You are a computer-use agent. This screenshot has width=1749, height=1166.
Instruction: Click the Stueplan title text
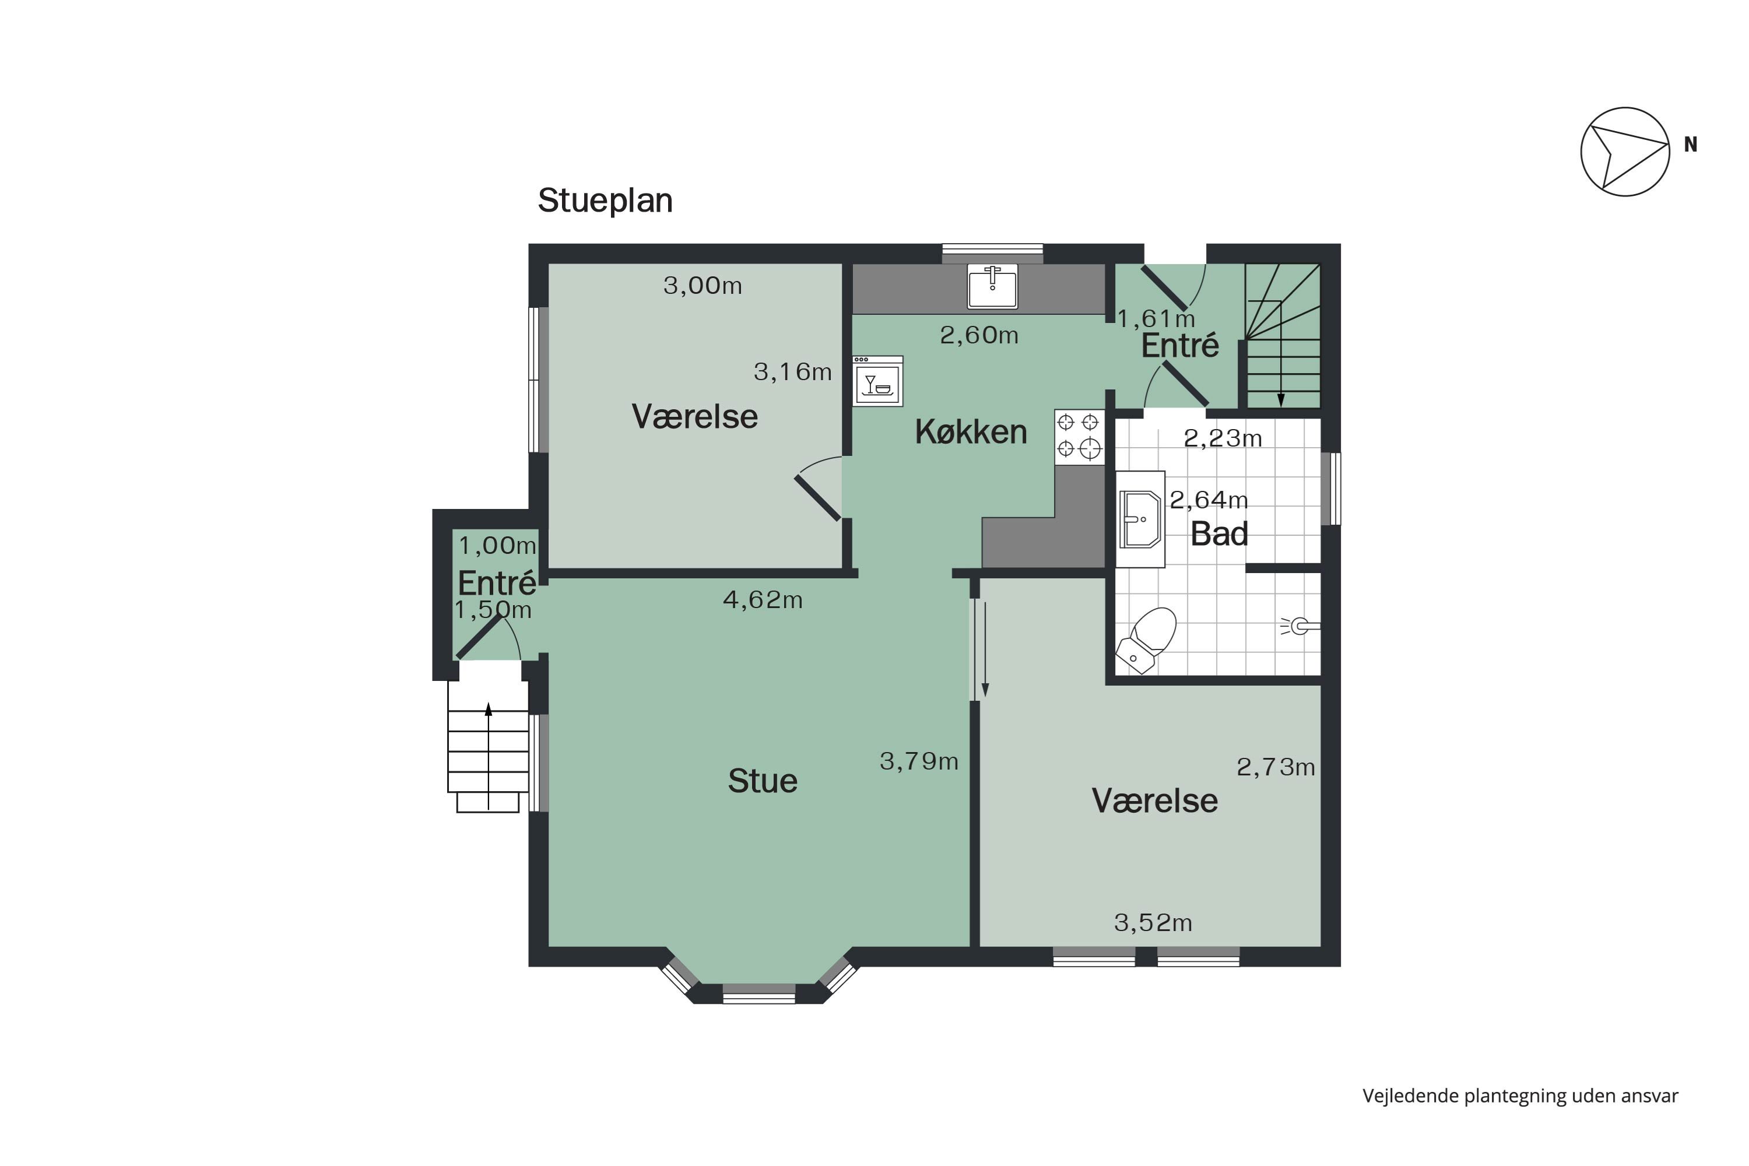605,201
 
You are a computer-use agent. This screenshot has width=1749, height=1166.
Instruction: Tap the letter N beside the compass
1690,145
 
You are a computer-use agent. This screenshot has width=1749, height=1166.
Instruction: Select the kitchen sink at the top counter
992,286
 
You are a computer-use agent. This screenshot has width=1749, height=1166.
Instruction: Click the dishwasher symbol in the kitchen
877,381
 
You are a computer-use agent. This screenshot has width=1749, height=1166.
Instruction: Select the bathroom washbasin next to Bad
1139,519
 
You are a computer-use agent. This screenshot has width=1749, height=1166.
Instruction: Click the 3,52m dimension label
1153,923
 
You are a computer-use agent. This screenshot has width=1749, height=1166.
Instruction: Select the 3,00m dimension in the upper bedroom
702,286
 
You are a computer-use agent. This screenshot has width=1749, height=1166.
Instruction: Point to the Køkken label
971,432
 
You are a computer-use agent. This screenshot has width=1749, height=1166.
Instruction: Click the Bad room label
1219,535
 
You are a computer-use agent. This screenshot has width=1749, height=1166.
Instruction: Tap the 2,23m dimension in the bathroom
1223,440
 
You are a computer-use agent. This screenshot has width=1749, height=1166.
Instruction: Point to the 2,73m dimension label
1276,767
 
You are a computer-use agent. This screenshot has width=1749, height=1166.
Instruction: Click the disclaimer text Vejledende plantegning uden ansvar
1520,1096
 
